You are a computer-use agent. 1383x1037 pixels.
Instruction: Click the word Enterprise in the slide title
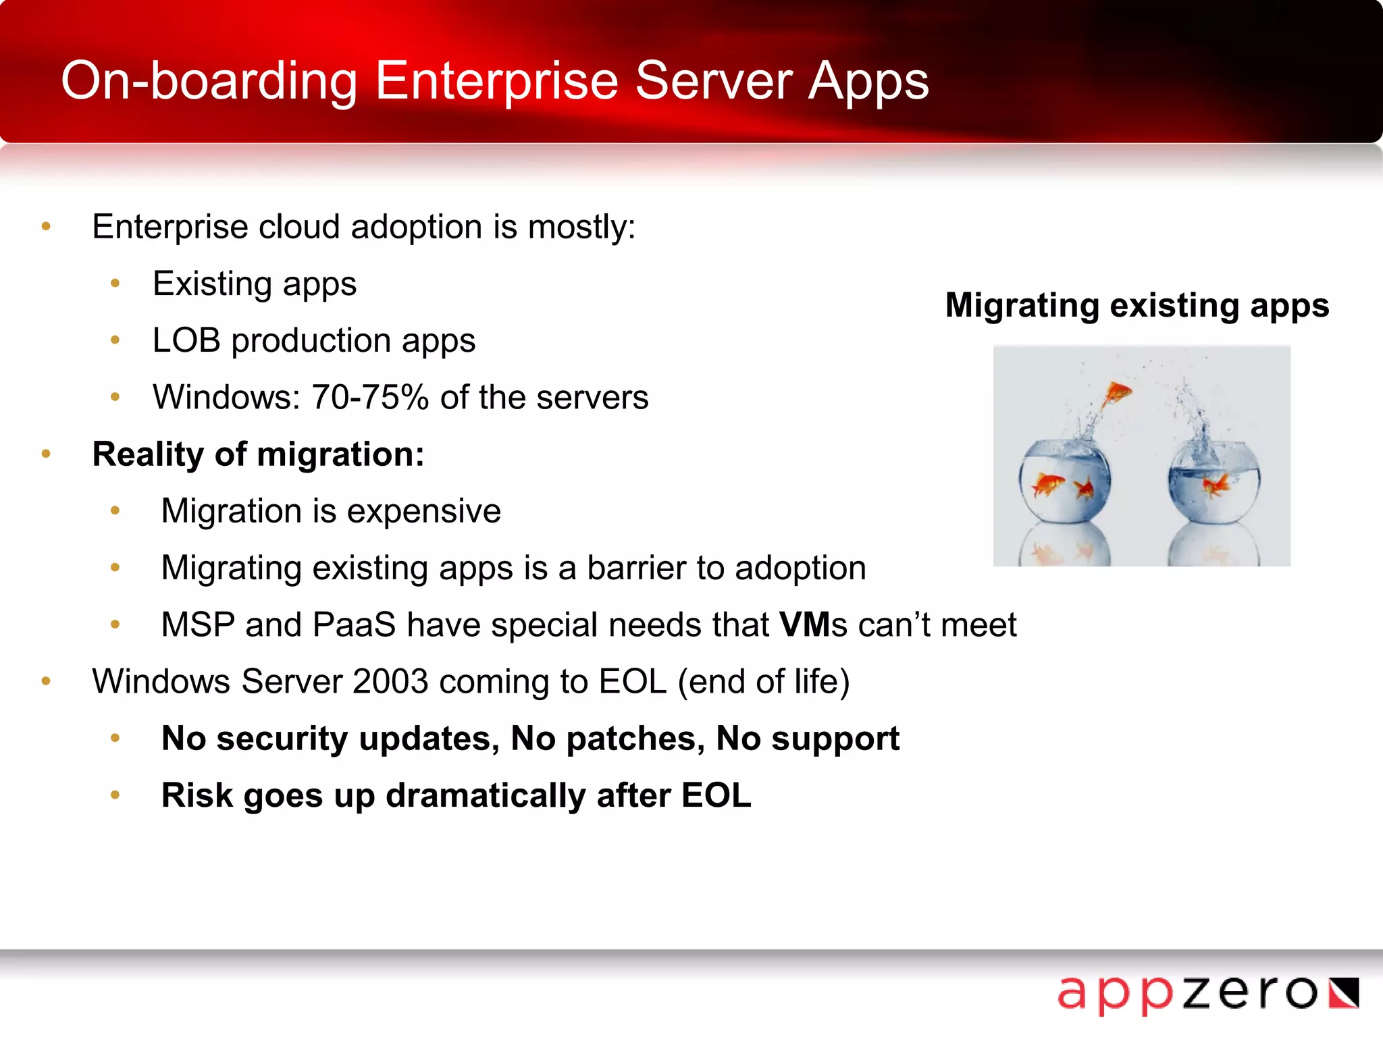(496, 81)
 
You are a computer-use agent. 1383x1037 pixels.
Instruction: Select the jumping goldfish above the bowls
(1116, 394)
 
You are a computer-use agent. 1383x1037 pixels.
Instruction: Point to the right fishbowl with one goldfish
(1214, 482)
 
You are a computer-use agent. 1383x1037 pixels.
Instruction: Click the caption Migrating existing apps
(1137, 305)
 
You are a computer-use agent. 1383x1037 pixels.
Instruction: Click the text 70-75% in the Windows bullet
(370, 397)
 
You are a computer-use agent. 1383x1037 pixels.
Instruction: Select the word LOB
(186, 340)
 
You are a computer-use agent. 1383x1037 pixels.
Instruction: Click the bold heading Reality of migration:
(258, 454)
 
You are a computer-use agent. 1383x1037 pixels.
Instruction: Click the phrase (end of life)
(763, 681)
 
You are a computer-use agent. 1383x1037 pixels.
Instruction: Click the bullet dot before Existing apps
(115, 284)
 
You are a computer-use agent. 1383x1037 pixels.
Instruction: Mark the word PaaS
(354, 624)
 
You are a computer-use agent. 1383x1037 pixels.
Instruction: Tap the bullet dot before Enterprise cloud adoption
(46, 227)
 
